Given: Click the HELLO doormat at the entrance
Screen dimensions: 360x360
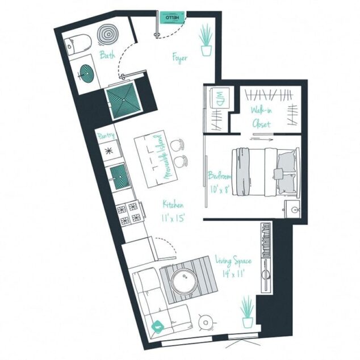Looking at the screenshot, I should point(171,18).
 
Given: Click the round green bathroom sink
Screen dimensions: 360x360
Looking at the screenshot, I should point(86,72).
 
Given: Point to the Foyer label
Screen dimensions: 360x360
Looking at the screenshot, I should point(180,57).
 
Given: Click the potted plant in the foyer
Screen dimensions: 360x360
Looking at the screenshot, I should point(206,41).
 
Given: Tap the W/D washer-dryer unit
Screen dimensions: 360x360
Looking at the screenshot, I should point(219,98).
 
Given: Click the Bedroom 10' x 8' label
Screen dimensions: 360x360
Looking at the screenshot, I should point(218,182).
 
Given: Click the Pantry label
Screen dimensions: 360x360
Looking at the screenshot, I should point(106,136).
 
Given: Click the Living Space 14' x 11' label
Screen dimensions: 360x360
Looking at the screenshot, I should point(233,267).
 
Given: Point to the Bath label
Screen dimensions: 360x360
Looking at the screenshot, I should point(107,56).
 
